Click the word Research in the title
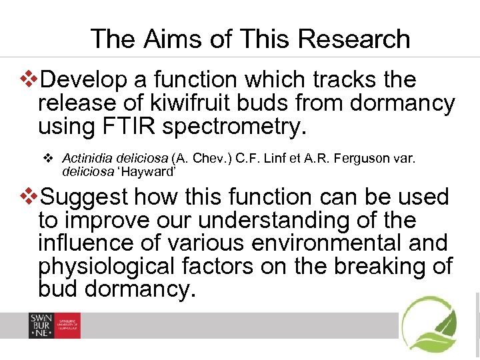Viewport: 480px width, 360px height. (354, 39)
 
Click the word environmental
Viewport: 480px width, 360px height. (334, 243)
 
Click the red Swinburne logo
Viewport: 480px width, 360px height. (54, 325)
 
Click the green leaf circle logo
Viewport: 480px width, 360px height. (430, 324)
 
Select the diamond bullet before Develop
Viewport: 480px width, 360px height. (31, 80)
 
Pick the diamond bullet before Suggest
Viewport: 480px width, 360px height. (31, 197)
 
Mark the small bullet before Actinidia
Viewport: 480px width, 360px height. (47, 158)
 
